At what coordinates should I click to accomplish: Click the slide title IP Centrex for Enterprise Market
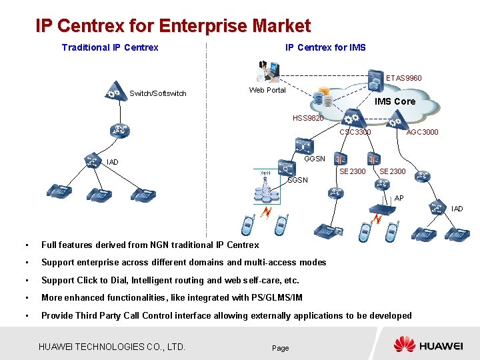point(173,26)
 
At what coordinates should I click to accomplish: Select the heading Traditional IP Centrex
point(110,47)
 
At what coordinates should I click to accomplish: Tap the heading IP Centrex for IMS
point(325,47)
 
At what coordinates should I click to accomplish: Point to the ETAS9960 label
point(403,78)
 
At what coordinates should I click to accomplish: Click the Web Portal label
point(267,90)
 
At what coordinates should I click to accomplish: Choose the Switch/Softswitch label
point(158,93)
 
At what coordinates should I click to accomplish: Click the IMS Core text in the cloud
point(395,101)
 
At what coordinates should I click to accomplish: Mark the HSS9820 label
point(308,118)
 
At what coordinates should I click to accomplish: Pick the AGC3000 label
point(423,132)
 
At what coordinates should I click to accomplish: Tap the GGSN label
point(315,159)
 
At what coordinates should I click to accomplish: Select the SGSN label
point(297,181)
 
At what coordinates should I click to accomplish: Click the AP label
point(399,198)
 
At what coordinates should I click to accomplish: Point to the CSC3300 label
point(355,132)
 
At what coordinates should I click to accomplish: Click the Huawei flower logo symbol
point(404,345)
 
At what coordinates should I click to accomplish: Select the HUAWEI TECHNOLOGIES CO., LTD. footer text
point(112,347)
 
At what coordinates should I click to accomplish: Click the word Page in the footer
point(281,348)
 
